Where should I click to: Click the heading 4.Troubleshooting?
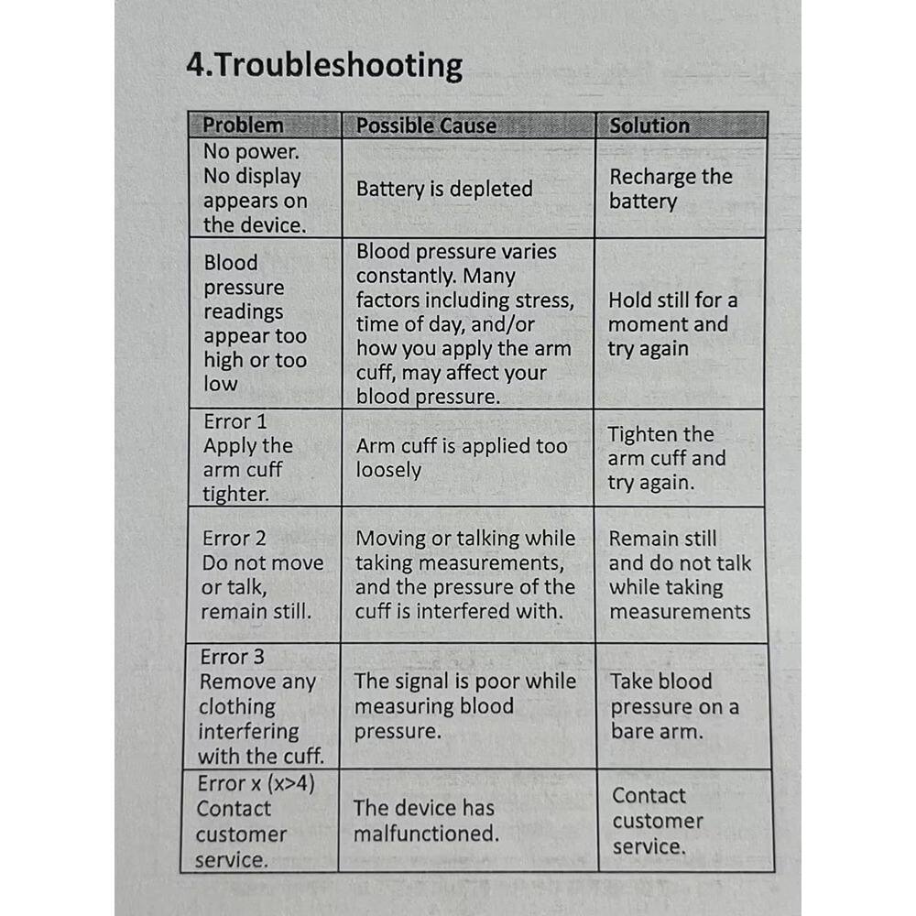[x=324, y=66]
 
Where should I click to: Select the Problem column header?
[x=243, y=125]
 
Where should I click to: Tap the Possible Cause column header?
[x=426, y=125]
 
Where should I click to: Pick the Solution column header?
[x=649, y=125]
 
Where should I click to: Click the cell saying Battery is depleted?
[x=444, y=189]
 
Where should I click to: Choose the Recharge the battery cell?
[x=671, y=189]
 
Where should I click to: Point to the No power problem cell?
[x=255, y=188]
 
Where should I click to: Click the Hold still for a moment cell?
[x=672, y=324]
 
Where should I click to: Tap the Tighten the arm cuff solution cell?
[x=666, y=458]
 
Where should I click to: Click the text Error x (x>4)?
[x=256, y=784]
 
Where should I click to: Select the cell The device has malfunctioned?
[x=426, y=820]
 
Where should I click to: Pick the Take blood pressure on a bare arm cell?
[x=674, y=706]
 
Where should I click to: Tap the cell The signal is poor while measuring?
[x=464, y=706]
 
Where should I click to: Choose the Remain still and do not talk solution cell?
[x=679, y=574]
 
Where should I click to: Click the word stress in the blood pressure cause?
[x=547, y=300]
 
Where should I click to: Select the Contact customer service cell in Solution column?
[x=657, y=821]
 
